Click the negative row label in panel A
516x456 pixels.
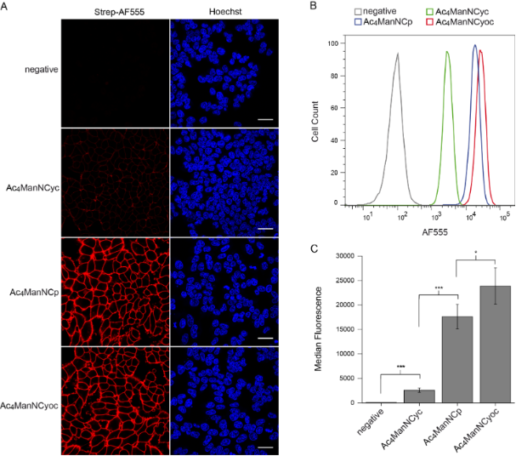pos(40,69)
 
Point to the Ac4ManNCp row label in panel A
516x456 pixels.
pos(34,292)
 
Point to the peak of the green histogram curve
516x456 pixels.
pos(446,52)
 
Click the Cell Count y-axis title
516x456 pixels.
pos(316,121)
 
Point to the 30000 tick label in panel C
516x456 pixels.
pos(343,255)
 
